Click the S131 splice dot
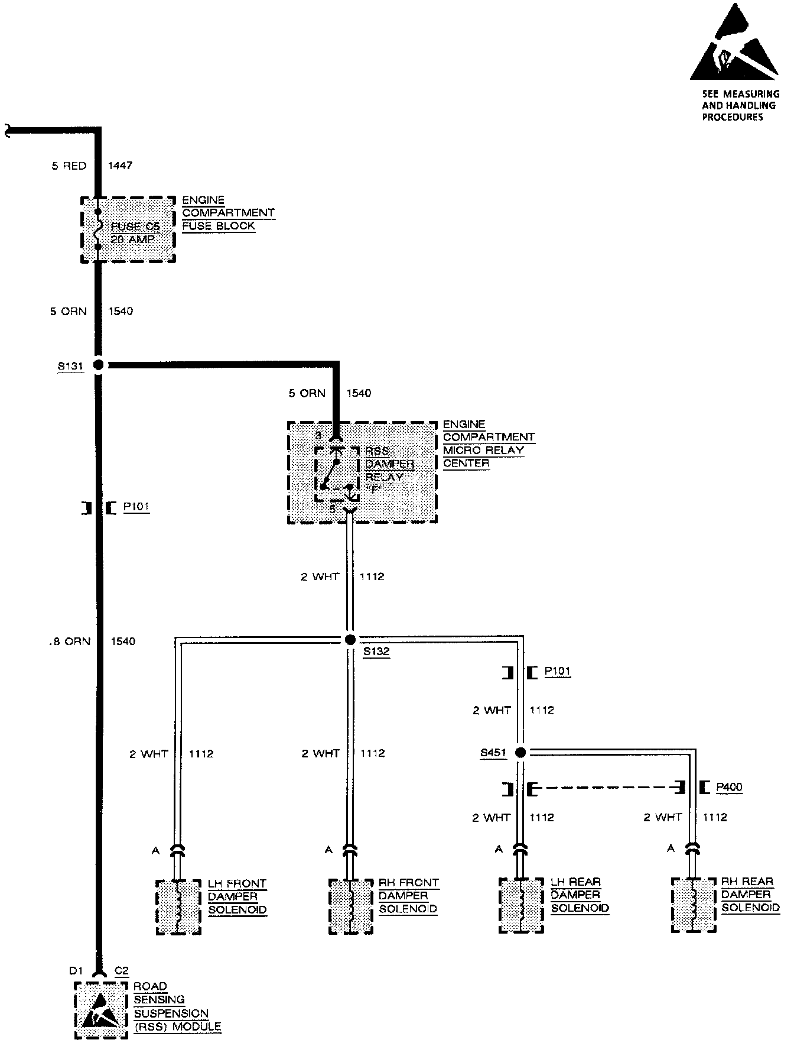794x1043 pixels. pyautogui.click(x=99, y=365)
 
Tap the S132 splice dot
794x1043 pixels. pyautogui.click(x=350, y=639)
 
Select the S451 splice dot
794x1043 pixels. pyautogui.click(x=520, y=753)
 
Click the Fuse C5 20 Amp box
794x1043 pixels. pyautogui.click(x=128, y=229)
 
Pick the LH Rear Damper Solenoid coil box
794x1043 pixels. pyautogui.click(x=521, y=905)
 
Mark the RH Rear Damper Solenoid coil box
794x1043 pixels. pyautogui.click(x=694, y=905)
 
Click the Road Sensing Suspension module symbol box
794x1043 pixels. pyautogui.click(x=101, y=1010)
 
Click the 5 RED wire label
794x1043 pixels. pyautogui.click(x=69, y=166)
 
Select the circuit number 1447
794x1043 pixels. pyautogui.click(x=121, y=166)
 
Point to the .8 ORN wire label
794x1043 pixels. pyautogui.click(x=70, y=641)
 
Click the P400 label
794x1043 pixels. pyautogui.click(x=729, y=787)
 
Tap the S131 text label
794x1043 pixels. pyautogui.click(x=70, y=366)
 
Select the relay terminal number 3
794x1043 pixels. pyautogui.click(x=318, y=436)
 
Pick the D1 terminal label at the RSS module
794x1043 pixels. pyautogui.click(x=74, y=970)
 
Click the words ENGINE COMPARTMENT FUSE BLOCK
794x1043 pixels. pyautogui.click(x=228, y=213)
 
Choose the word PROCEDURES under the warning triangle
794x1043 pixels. pyautogui.click(x=733, y=117)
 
